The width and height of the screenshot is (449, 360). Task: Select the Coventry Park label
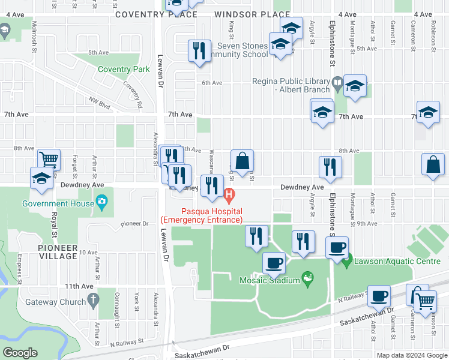(x=124, y=69)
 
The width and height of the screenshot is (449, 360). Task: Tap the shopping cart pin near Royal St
(x=49, y=160)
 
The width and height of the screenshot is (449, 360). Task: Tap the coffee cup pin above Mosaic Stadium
(x=275, y=262)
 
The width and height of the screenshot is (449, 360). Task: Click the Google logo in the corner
(x=20, y=352)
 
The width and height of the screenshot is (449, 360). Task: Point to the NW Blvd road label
(x=100, y=103)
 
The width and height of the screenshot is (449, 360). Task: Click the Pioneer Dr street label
(x=134, y=223)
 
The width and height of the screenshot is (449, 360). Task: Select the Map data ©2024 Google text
(x=411, y=355)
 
